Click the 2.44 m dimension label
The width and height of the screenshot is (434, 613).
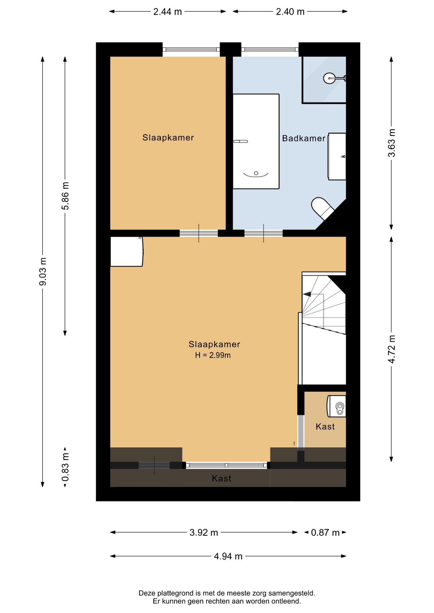167,12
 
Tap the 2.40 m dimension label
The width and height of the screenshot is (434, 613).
290,12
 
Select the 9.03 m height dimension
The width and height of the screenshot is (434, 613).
43,272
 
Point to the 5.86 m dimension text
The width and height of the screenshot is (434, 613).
65,196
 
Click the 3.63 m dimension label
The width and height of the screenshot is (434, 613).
391,143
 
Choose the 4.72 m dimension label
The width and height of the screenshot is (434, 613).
391,349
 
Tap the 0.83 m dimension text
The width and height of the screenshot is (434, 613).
65,467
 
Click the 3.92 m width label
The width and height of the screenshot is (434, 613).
204,533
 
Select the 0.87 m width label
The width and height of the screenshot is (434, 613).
325,533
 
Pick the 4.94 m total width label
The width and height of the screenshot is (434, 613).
228,556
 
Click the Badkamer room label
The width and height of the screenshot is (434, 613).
304,138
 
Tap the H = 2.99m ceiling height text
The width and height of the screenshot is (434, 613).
213,355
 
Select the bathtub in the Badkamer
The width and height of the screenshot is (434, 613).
256,141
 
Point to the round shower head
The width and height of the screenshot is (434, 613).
329,78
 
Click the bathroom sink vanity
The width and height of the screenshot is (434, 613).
337,156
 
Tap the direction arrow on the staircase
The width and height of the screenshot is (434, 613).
307,294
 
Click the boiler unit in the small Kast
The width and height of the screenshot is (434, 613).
337,406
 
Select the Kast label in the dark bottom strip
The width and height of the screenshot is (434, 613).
221,478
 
